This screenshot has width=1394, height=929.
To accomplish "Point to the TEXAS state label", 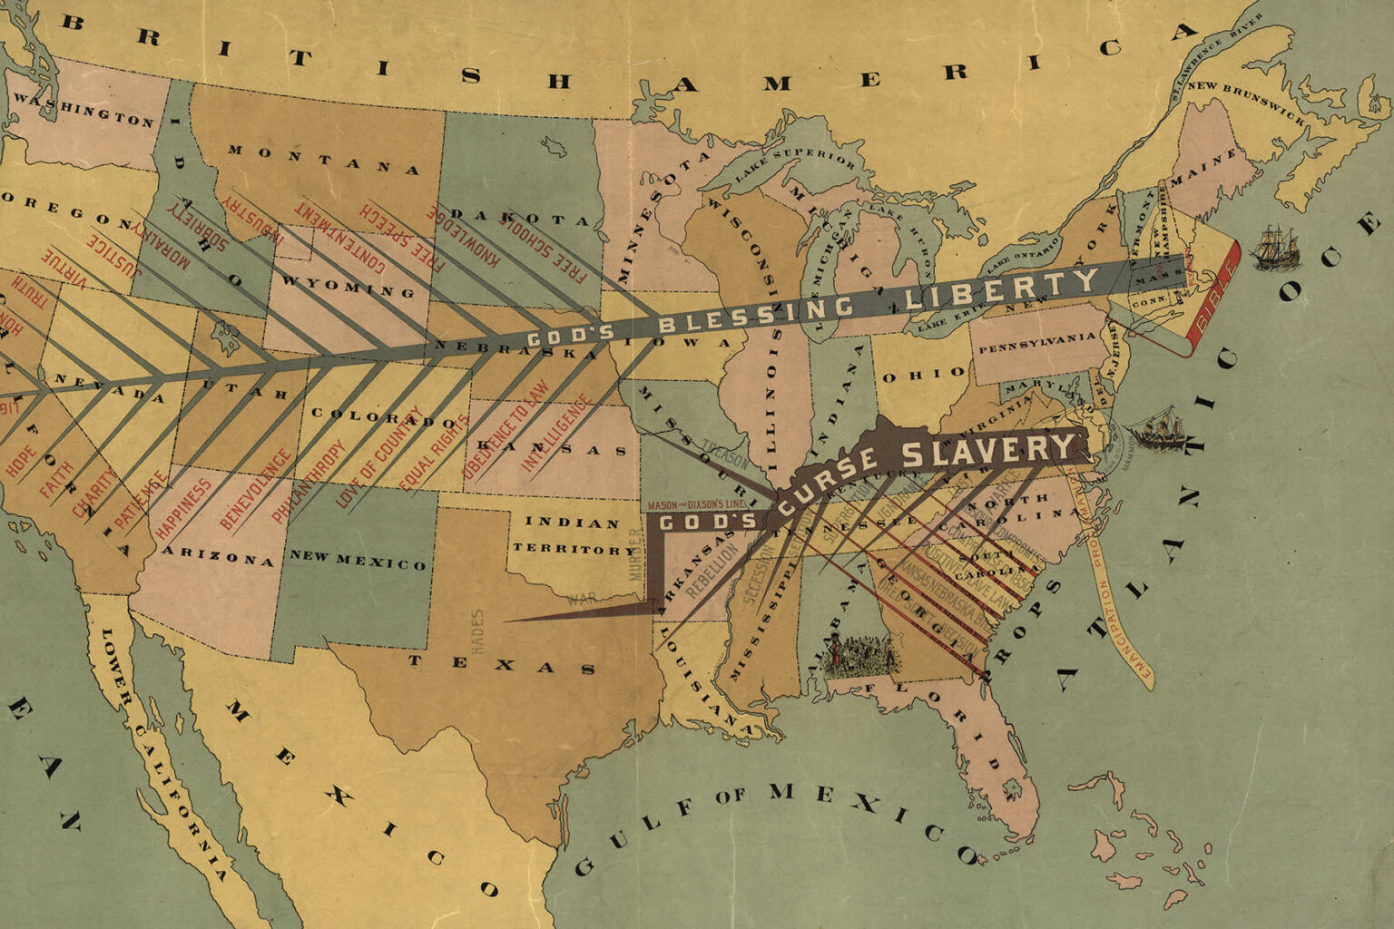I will pyautogui.click(x=501, y=665).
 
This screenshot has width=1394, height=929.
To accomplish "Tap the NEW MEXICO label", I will pyautogui.click(x=358, y=561).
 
